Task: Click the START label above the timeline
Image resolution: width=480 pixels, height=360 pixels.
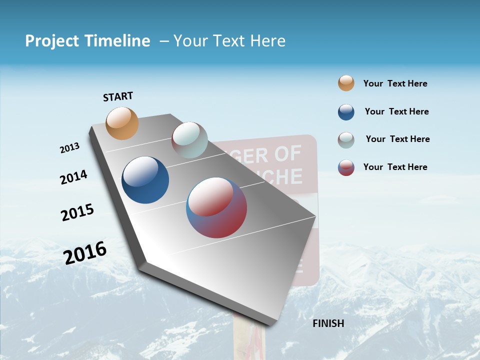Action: [118, 96]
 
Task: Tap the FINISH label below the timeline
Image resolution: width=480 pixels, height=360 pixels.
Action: [328, 323]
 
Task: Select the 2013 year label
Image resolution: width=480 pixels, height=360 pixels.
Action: [69, 148]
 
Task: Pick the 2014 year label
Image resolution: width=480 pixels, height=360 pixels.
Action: [73, 177]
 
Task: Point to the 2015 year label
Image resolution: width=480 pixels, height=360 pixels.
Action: [77, 212]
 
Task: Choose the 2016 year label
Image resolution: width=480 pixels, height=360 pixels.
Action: [85, 253]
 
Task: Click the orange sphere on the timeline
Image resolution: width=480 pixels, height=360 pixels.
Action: [122, 123]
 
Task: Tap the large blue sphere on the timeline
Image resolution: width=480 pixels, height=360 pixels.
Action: [145, 180]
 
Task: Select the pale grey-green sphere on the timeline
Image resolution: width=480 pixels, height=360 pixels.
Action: [189, 140]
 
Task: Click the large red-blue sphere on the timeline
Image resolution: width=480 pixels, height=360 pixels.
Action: [217, 207]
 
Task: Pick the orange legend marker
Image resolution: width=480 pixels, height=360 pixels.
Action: [346, 83]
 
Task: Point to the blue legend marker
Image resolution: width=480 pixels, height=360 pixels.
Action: [346, 112]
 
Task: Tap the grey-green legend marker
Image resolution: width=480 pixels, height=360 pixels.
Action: [346, 140]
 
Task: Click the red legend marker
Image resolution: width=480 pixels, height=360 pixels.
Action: [346, 167]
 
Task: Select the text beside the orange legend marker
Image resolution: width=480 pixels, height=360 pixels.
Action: [395, 83]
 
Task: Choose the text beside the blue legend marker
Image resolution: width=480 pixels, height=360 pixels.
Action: [396, 111]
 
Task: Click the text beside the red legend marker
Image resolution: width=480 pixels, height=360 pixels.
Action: [395, 167]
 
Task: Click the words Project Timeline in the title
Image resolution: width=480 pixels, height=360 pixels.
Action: [87, 41]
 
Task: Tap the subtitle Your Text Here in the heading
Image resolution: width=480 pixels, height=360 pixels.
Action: [229, 41]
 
